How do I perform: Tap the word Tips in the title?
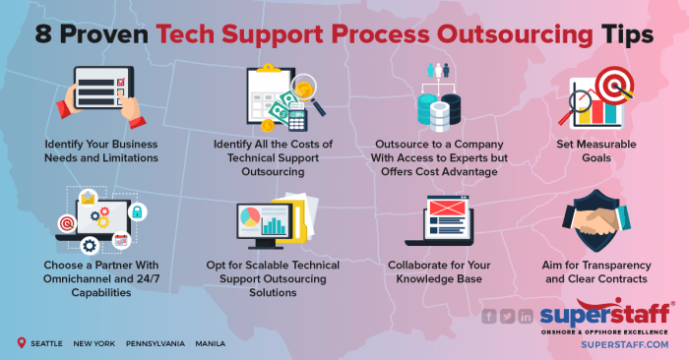[x=626, y=32]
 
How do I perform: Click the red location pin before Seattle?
[x=22, y=343]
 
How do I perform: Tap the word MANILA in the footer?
[x=209, y=344]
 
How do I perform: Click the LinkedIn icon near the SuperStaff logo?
[x=526, y=316]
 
